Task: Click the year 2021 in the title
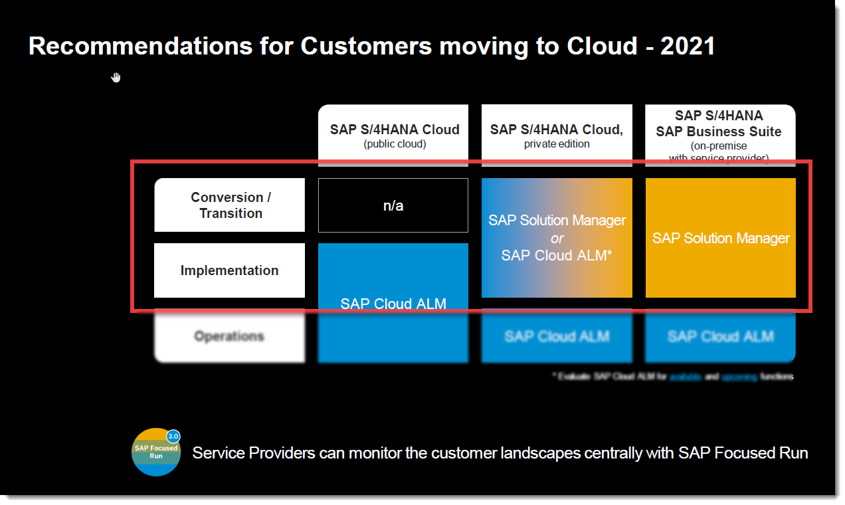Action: point(688,47)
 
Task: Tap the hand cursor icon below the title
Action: point(116,78)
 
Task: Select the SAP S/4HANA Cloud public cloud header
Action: point(394,135)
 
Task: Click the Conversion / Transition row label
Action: point(230,205)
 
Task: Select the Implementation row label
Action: point(230,270)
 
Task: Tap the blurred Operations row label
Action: point(230,336)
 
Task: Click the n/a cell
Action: point(393,205)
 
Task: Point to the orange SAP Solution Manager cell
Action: point(721,238)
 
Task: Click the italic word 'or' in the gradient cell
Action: point(557,238)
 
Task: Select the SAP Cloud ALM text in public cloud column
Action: point(393,304)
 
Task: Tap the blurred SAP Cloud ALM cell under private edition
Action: point(557,336)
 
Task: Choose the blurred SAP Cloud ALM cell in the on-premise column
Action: point(721,336)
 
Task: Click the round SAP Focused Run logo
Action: point(156,453)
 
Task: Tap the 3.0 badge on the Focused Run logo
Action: point(173,436)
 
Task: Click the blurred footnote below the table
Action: point(672,377)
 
